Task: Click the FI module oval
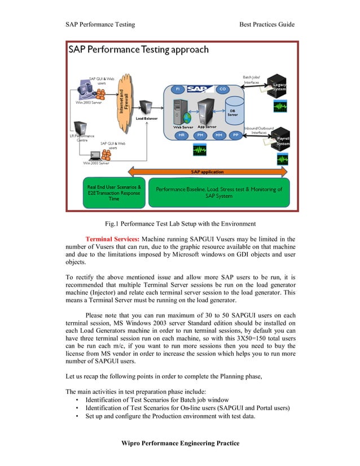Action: (178, 90)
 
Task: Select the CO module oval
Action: (222, 90)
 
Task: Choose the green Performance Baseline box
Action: (218, 192)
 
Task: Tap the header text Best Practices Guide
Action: (267, 24)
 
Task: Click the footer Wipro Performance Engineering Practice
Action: (181, 443)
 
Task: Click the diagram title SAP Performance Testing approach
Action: (139, 50)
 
